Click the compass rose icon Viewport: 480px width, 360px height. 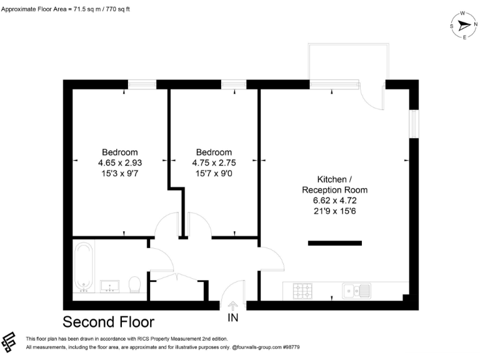pyautogui.click(x=464, y=25)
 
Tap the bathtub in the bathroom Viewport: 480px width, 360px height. pyautogui.click(x=83, y=267)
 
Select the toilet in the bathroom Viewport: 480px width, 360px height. pyautogui.click(x=134, y=284)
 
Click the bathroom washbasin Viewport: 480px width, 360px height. pyautogui.click(x=110, y=286)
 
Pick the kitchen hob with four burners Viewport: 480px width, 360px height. pyautogui.click(x=304, y=290)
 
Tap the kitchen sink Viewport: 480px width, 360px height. pyautogui.click(x=356, y=290)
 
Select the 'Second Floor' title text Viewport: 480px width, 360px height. pyautogui.click(x=108, y=322)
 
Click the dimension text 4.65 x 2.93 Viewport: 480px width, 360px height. pyautogui.click(x=120, y=162)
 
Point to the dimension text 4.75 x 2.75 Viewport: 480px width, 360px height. pyautogui.click(x=214, y=162)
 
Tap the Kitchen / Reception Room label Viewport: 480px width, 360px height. pyautogui.click(x=334, y=184)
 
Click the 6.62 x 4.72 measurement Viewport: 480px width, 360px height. pyautogui.click(x=334, y=201)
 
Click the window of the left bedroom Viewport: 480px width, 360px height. pyautogui.click(x=142, y=84)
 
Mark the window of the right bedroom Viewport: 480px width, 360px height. pyautogui.click(x=234, y=84)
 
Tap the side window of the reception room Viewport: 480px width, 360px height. pyautogui.click(x=412, y=124)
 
